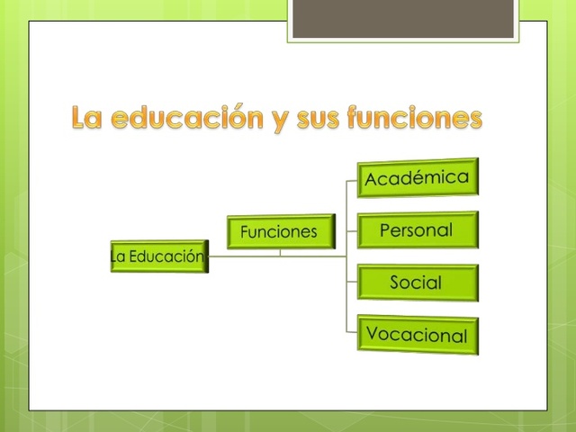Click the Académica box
(x=418, y=178)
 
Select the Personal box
(x=417, y=230)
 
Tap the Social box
(x=417, y=283)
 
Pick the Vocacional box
(x=417, y=334)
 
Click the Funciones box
(x=279, y=232)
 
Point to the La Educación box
(x=158, y=256)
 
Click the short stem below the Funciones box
(x=280, y=251)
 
